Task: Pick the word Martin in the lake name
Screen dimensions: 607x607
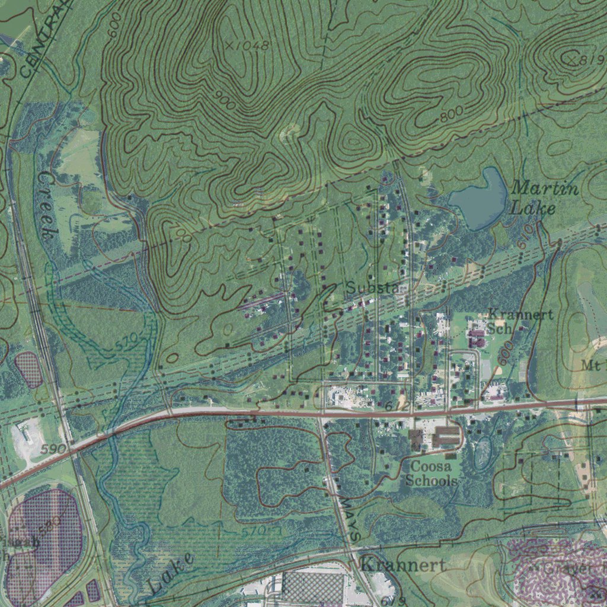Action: coord(545,189)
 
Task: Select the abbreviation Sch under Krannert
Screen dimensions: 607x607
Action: coord(498,328)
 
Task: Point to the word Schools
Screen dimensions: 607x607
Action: coord(432,481)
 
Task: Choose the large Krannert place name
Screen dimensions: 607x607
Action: coord(403,564)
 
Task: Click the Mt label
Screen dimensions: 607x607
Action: coord(593,365)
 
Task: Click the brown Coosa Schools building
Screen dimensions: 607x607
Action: coord(446,436)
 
